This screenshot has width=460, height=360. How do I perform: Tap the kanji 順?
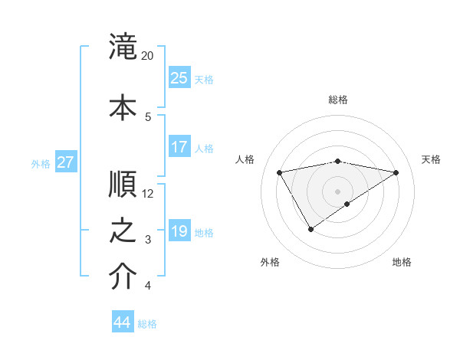[123, 184]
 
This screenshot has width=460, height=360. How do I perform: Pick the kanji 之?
[123, 231]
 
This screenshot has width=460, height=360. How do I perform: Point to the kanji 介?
[123, 277]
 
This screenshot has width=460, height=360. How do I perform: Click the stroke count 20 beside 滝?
[148, 56]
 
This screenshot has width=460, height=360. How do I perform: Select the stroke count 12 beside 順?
[148, 193]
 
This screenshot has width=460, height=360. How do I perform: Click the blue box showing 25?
[179, 78]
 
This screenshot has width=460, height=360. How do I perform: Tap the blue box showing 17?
[179, 147]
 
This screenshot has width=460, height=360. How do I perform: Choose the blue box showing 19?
[179, 231]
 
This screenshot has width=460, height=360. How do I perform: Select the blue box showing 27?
[66, 162]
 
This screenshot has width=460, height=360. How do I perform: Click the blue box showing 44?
[123, 322]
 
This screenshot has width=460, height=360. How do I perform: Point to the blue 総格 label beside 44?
[148, 324]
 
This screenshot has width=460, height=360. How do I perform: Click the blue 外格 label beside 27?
[41, 163]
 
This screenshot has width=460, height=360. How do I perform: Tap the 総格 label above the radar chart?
[338, 100]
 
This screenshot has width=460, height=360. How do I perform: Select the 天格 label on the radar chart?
[431, 159]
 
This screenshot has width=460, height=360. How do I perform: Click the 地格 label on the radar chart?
[402, 262]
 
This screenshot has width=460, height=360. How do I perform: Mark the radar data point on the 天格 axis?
[396, 172]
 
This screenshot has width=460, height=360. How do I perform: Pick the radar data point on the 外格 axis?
[310, 229]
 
